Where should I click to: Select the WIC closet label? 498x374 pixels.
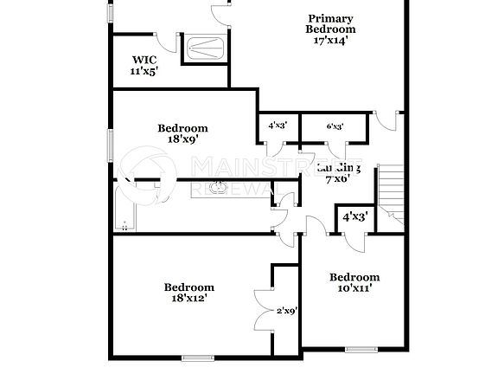[143, 60]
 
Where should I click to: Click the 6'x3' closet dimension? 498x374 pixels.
[334, 126]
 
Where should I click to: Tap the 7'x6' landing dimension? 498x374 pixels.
[336, 179]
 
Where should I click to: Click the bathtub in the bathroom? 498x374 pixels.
[125, 208]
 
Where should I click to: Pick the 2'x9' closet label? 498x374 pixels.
[287, 310]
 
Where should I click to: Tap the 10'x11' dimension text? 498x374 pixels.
[354, 289]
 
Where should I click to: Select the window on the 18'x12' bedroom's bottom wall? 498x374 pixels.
[198, 357]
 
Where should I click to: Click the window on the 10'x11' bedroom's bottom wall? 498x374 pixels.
[358, 350]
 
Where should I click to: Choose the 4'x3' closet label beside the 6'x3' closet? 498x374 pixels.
[277, 126]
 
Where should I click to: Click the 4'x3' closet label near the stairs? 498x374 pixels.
[355, 216]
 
